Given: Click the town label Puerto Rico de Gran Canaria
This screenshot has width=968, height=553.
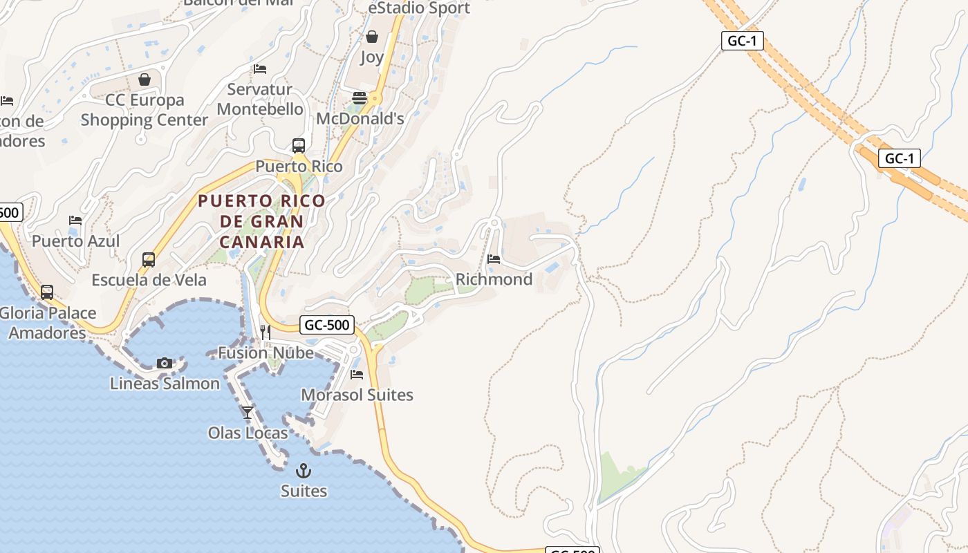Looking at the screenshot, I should pos(261,221).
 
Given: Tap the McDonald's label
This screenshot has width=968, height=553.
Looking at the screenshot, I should pos(360,118).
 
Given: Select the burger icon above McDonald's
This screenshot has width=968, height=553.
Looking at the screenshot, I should pos(360,97).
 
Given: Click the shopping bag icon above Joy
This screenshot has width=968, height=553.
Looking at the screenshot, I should pos(372,37).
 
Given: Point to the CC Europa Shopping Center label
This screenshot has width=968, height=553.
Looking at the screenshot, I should pos(145,110).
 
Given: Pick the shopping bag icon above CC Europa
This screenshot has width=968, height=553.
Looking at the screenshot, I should pos(145,79).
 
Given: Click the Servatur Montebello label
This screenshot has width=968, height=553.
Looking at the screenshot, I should pos(260,99).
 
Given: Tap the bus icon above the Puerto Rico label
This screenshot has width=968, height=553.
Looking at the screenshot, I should pos(299,146).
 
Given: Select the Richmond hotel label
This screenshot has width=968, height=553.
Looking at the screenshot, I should pos(494,279).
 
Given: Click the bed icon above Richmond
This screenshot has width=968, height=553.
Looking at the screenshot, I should pos(494,259).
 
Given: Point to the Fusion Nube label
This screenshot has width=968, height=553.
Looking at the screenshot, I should pos(266,353).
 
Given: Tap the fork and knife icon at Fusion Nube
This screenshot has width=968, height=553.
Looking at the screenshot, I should pos(266,332).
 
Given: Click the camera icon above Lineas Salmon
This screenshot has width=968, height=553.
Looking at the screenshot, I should pos(165,363).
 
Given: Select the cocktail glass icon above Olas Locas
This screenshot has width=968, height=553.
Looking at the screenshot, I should pos(248,413).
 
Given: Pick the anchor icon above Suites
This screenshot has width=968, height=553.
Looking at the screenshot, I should pos(304,471).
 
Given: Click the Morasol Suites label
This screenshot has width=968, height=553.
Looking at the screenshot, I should pos(357,395).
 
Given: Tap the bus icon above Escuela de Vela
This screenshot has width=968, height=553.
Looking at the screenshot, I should pos(149,260).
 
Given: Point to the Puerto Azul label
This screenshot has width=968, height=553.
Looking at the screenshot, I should pos(75,241).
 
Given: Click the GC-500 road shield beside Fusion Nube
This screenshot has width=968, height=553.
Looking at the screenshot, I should pos(327,325).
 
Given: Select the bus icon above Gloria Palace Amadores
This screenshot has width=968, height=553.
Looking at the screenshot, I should pos(47,292).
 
